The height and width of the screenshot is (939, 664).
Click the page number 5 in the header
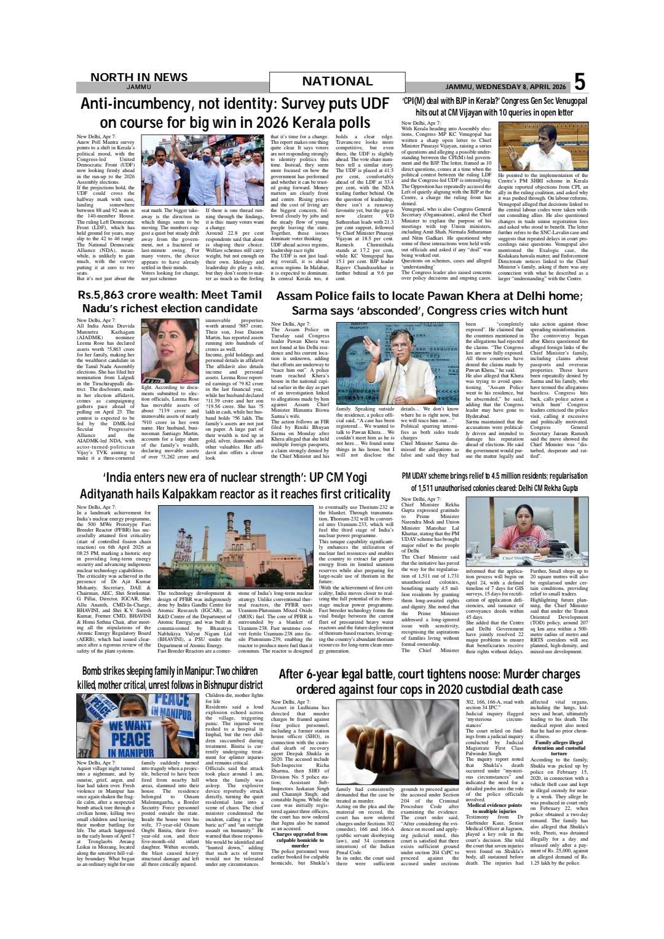(x=579, y=82)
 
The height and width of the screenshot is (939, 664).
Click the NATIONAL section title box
(x=337, y=82)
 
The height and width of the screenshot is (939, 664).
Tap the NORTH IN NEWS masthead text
(x=138, y=77)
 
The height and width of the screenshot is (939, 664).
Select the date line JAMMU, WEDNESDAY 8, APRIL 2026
(x=505, y=87)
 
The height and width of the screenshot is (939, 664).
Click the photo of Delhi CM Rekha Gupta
(x=526, y=532)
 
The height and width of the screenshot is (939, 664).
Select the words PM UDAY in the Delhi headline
(x=418, y=476)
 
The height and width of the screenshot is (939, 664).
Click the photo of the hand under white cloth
(x=397, y=742)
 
